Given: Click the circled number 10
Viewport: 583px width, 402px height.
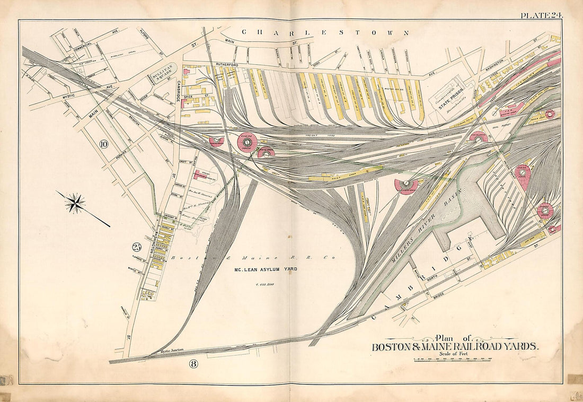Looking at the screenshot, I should tap(104, 143).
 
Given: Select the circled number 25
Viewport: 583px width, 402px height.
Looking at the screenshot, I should tap(137, 247).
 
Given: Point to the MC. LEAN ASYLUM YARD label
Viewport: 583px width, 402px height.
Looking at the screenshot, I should tap(266, 269).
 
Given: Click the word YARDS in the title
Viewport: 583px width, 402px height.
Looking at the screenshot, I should tap(518, 347).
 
